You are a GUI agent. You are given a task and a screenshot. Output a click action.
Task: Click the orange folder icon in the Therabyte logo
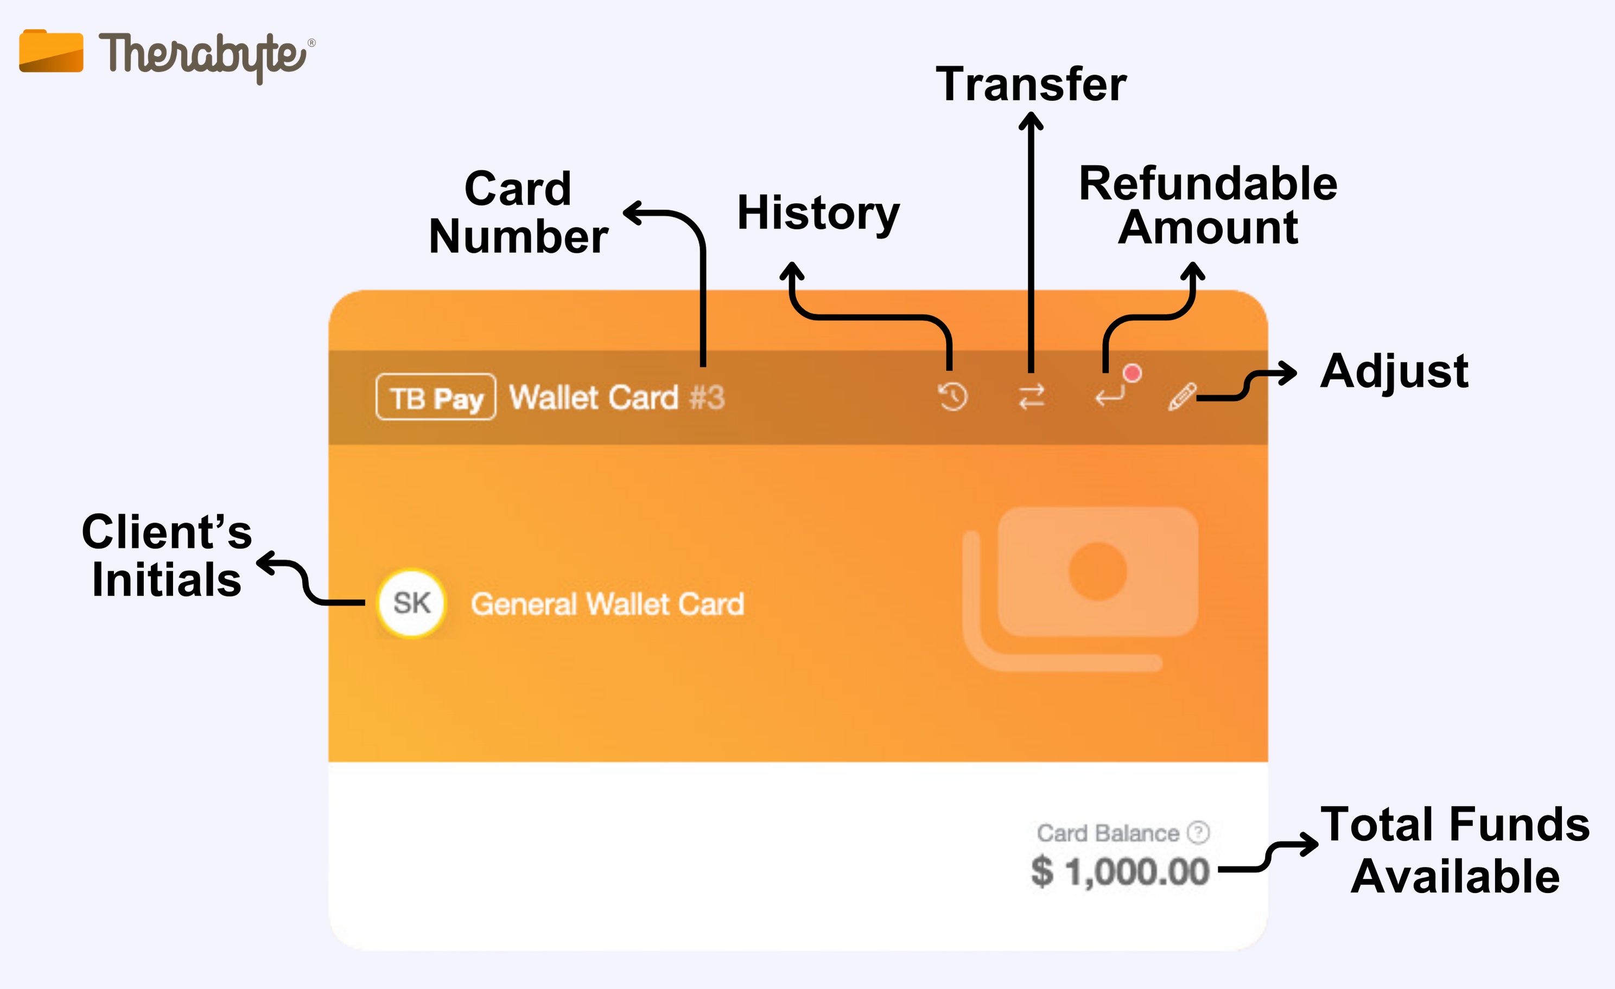pyautogui.click(x=51, y=50)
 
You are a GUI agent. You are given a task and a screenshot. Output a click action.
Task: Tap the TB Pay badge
pyautogui.click(x=436, y=397)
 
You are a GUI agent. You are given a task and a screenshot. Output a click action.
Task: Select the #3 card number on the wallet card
pyautogui.click(x=708, y=398)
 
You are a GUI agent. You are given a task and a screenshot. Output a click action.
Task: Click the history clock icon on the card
pyautogui.click(x=953, y=397)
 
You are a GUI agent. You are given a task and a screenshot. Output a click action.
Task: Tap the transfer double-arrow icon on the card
pyautogui.click(x=1032, y=397)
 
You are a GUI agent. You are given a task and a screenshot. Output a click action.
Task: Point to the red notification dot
pyautogui.click(x=1132, y=373)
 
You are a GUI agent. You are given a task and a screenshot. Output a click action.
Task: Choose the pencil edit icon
pyautogui.click(x=1182, y=397)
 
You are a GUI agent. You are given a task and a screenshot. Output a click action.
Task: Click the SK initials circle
pyautogui.click(x=411, y=603)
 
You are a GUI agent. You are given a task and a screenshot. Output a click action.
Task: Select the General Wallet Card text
pyautogui.click(x=608, y=604)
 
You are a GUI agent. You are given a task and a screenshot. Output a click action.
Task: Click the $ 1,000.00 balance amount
pyautogui.click(x=1120, y=872)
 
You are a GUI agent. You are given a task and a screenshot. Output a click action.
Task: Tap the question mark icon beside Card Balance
pyautogui.click(x=1199, y=832)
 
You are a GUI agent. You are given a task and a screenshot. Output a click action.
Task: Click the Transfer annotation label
pyautogui.click(x=1031, y=85)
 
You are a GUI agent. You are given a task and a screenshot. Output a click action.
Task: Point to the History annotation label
pyautogui.click(x=819, y=213)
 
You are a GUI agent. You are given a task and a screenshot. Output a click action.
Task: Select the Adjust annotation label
pyautogui.click(x=1394, y=372)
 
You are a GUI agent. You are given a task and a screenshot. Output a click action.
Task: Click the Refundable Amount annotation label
pyautogui.click(x=1208, y=205)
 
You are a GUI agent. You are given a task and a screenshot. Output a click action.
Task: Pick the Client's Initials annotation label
pyautogui.click(x=167, y=556)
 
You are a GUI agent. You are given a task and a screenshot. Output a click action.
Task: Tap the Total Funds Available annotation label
pyautogui.click(x=1455, y=850)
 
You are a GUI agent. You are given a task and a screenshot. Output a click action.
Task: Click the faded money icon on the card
pyautogui.click(x=1082, y=586)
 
